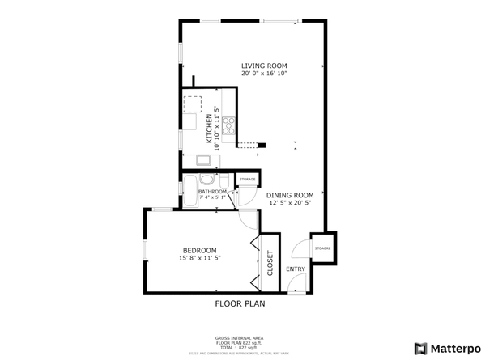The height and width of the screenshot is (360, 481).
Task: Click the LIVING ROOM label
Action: pyautogui.click(x=264, y=66)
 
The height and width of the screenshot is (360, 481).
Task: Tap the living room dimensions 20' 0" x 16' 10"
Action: pyautogui.click(x=264, y=74)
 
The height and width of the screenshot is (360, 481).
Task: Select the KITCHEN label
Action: pyautogui.click(x=209, y=129)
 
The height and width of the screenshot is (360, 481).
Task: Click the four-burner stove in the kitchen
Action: pyautogui.click(x=229, y=125)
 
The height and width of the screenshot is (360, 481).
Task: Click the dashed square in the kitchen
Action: pyautogui.click(x=193, y=104)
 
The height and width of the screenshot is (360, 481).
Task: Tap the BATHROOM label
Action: pyautogui.click(x=201, y=192)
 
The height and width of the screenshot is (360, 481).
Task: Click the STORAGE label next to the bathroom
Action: pyautogui.click(x=247, y=179)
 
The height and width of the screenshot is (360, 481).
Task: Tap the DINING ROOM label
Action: pyautogui.click(x=290, y=195)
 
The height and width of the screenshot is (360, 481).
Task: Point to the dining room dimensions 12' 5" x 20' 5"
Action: pyautogui.click(x=290, y=204)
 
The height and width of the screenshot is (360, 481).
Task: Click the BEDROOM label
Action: pyautogui.click(x=199, y=250)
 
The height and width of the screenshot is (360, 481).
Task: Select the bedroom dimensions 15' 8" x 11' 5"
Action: pyautogui.click(x=199, y=258)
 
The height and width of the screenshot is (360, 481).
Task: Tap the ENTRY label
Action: pyautogui.click(x=296, y=269)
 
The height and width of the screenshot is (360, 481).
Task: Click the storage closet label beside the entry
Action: pyautogui.click(x=321, y=248)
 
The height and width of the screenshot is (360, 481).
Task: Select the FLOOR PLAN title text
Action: pyautogui.click(x=240, y=304)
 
